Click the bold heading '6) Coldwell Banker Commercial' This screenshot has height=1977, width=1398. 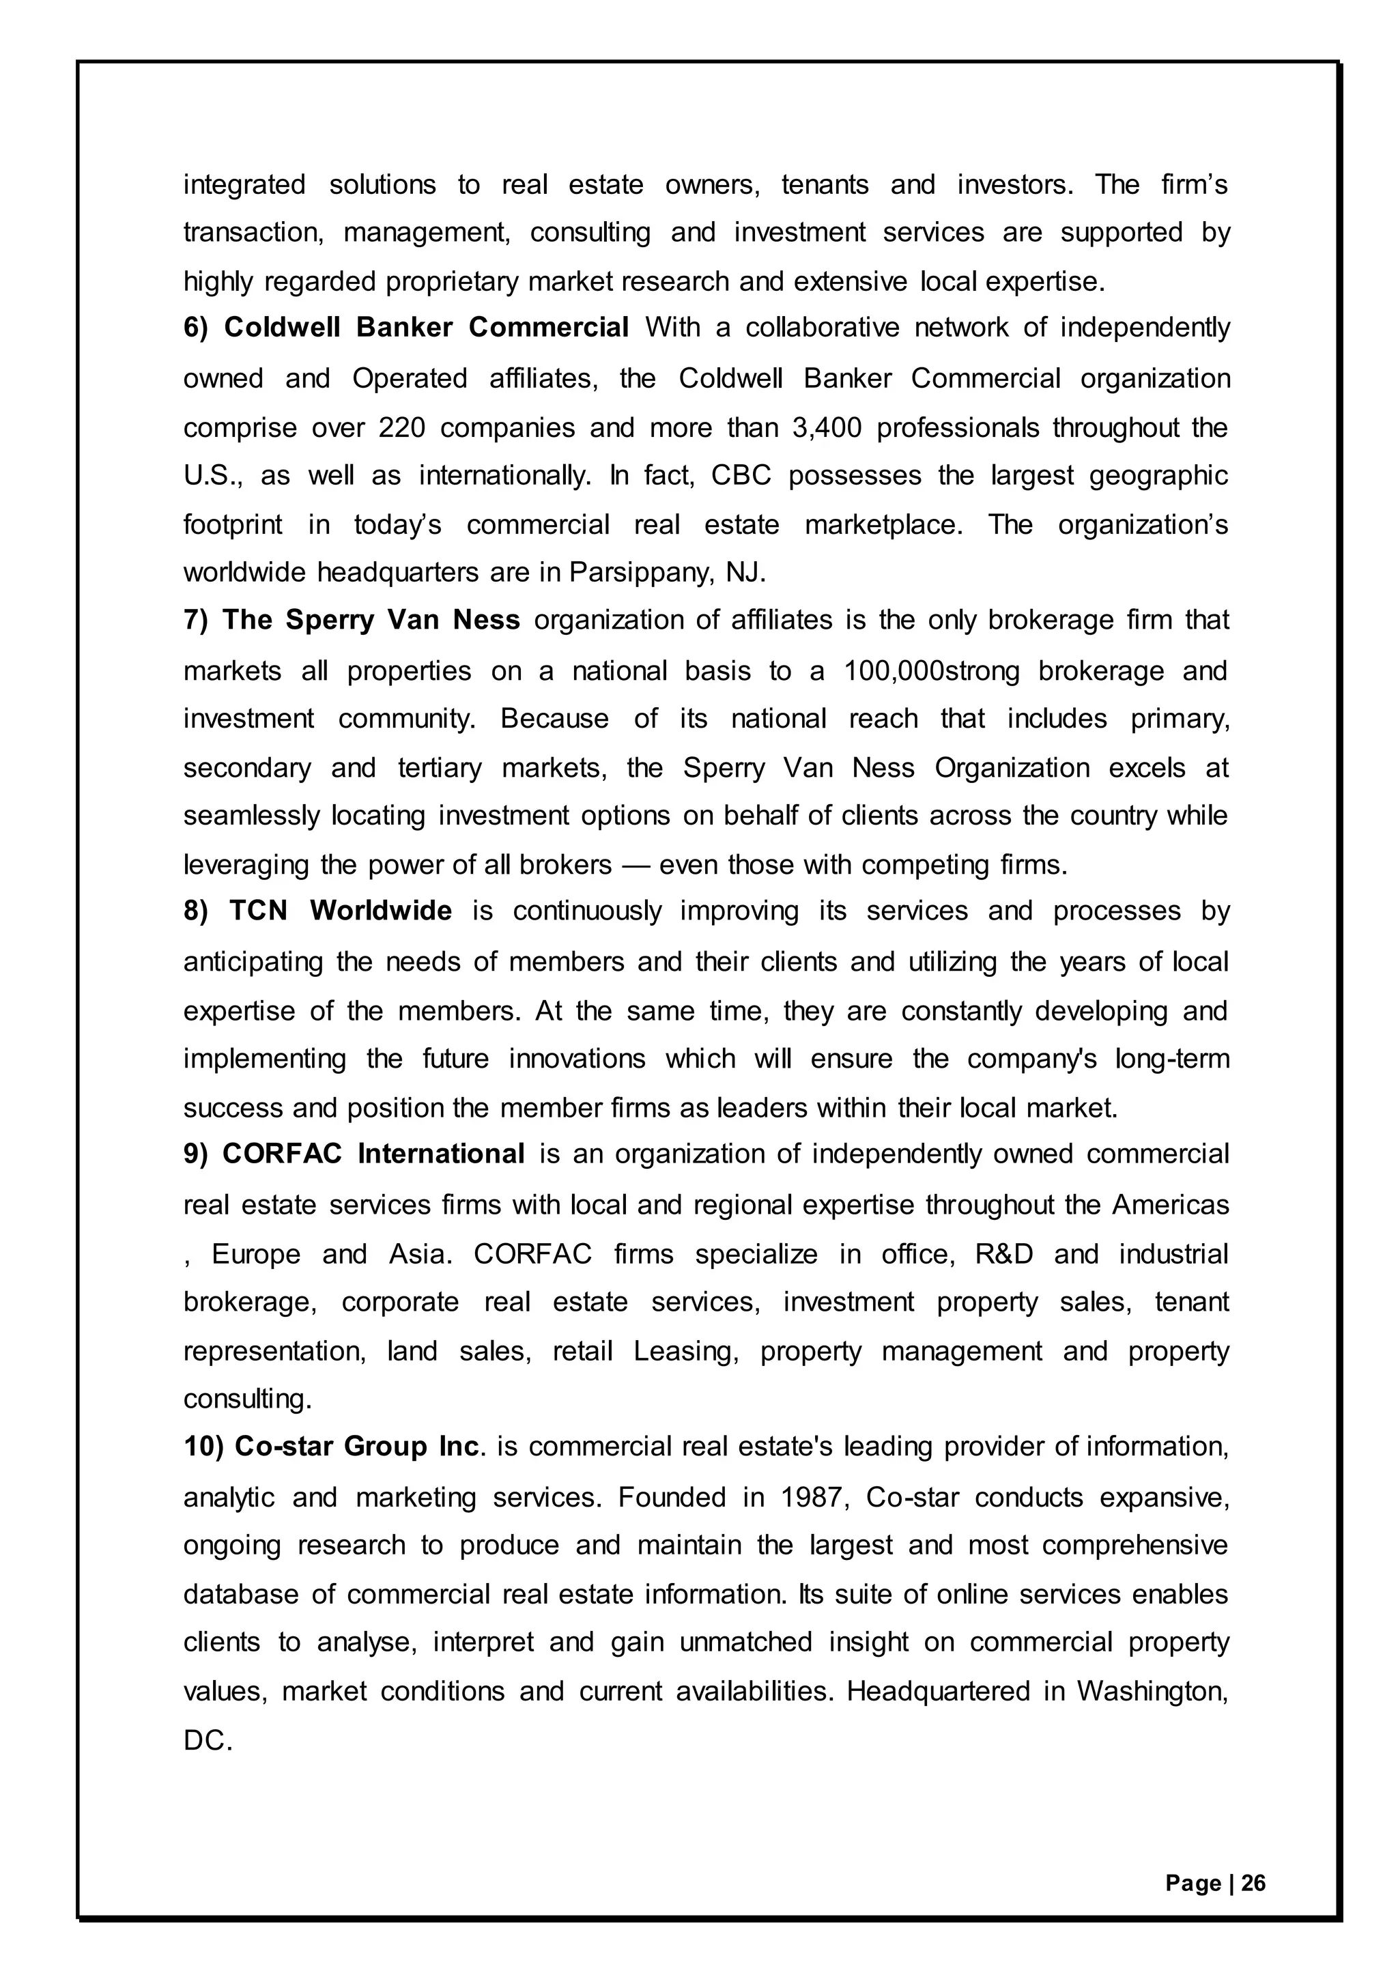point(405,328)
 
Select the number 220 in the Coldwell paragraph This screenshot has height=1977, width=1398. point(402,428)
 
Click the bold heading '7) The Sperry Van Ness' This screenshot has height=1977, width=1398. point(352,620)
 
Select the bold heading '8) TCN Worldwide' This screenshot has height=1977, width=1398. point(317,911)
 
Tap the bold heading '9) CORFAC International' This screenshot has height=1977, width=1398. point(354,1154)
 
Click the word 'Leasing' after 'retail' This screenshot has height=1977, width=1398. point(685,1351)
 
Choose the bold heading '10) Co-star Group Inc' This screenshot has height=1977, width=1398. point(330,1447)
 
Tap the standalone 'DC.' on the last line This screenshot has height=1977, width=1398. point(208,1740)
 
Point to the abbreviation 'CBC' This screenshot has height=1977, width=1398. point(741,477)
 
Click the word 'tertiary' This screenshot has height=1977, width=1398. point(439,767)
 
